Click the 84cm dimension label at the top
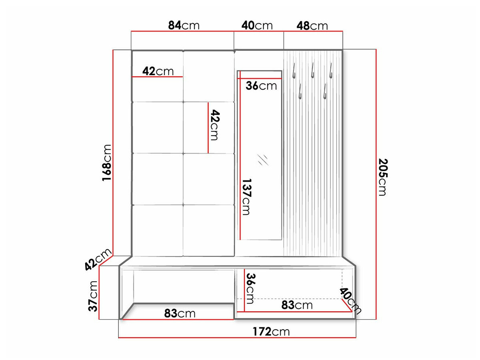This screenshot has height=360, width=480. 184,25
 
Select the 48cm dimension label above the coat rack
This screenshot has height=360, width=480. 312,26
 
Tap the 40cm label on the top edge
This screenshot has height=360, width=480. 257,25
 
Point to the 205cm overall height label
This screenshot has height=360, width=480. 383,177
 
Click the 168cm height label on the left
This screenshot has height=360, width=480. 107,163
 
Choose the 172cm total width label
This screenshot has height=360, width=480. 271,332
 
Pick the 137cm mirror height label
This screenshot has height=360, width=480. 247,197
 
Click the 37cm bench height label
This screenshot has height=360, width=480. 93,296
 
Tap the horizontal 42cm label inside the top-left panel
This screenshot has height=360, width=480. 158,71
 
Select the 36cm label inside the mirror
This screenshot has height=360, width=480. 261,86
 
